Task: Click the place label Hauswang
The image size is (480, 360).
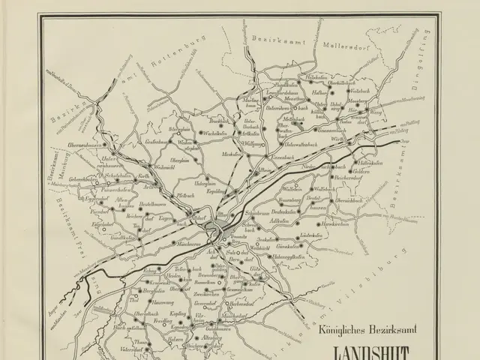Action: pos(154,301)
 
